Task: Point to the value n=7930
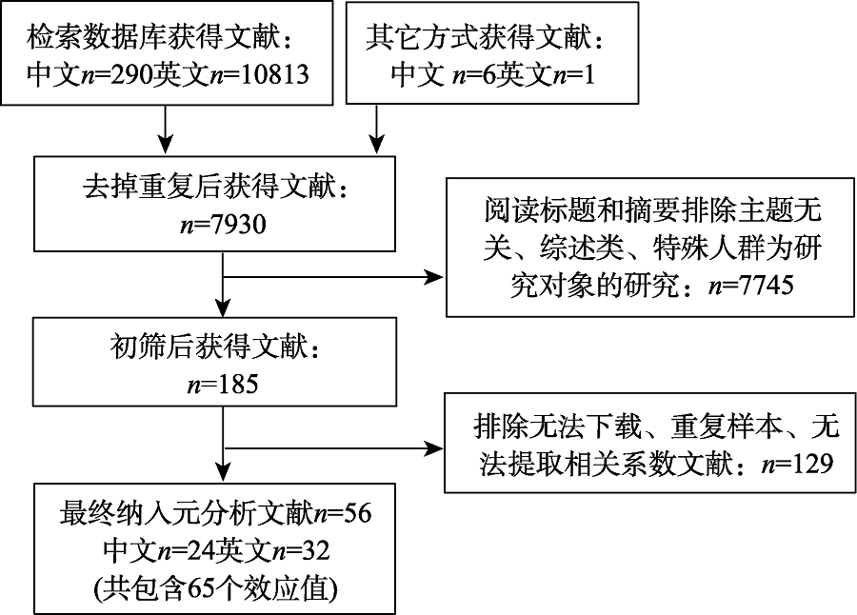tap(219, 226)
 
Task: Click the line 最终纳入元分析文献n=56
tap(211, 514)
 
